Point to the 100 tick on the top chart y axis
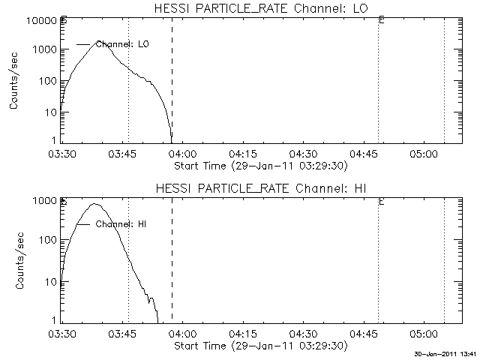48,81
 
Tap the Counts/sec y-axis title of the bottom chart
14,262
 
